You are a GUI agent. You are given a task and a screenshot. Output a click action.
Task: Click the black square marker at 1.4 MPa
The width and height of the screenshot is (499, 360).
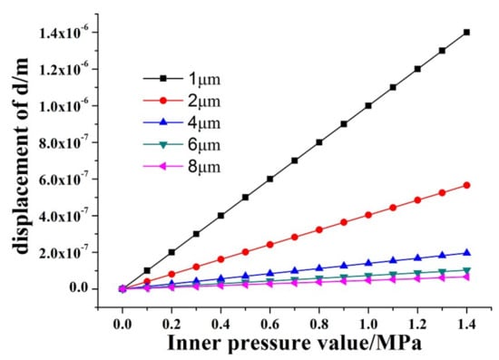click(x=466, y=32)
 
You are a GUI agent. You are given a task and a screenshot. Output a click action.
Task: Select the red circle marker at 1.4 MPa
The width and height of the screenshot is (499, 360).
click(x=466, y=185)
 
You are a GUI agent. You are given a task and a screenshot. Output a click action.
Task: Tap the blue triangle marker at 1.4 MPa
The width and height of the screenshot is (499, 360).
click(x=466, y=253)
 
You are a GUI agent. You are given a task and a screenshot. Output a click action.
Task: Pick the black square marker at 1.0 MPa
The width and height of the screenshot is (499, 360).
click(x=368, y=105)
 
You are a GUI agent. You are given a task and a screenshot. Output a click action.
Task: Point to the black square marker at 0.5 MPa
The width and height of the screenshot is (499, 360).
click(x=245, y=197)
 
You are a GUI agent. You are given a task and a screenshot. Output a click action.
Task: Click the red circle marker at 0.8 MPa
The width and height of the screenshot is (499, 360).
click(x=319, y=229)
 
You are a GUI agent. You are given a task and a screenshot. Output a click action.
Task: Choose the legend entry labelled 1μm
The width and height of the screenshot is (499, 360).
click(x=181, y=79)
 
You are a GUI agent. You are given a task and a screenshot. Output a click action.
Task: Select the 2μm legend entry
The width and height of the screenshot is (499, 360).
click(x=181, y=101)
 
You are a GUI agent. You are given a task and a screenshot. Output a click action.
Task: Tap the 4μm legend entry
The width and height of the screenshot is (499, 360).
click(x=181, y=122)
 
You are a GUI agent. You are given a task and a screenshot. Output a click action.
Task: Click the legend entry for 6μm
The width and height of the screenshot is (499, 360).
click(x=181, y=145)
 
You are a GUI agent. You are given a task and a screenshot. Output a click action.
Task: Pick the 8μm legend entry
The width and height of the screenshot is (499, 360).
click(x=181, y=166)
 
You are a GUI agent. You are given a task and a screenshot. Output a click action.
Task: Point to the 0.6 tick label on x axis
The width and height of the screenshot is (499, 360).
click(x=269, y=325)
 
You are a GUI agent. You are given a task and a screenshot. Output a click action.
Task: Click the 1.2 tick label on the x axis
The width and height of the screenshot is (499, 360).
click(x=417, y=325)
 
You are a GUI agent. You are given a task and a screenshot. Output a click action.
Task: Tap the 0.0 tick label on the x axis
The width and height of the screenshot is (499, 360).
click(x=122, y=325)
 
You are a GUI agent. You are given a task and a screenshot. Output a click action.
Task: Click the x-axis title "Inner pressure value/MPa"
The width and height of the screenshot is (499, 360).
click(x=294, y=344)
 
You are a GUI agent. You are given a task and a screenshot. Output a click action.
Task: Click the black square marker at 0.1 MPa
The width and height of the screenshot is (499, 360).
click(x=147, y=270)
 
